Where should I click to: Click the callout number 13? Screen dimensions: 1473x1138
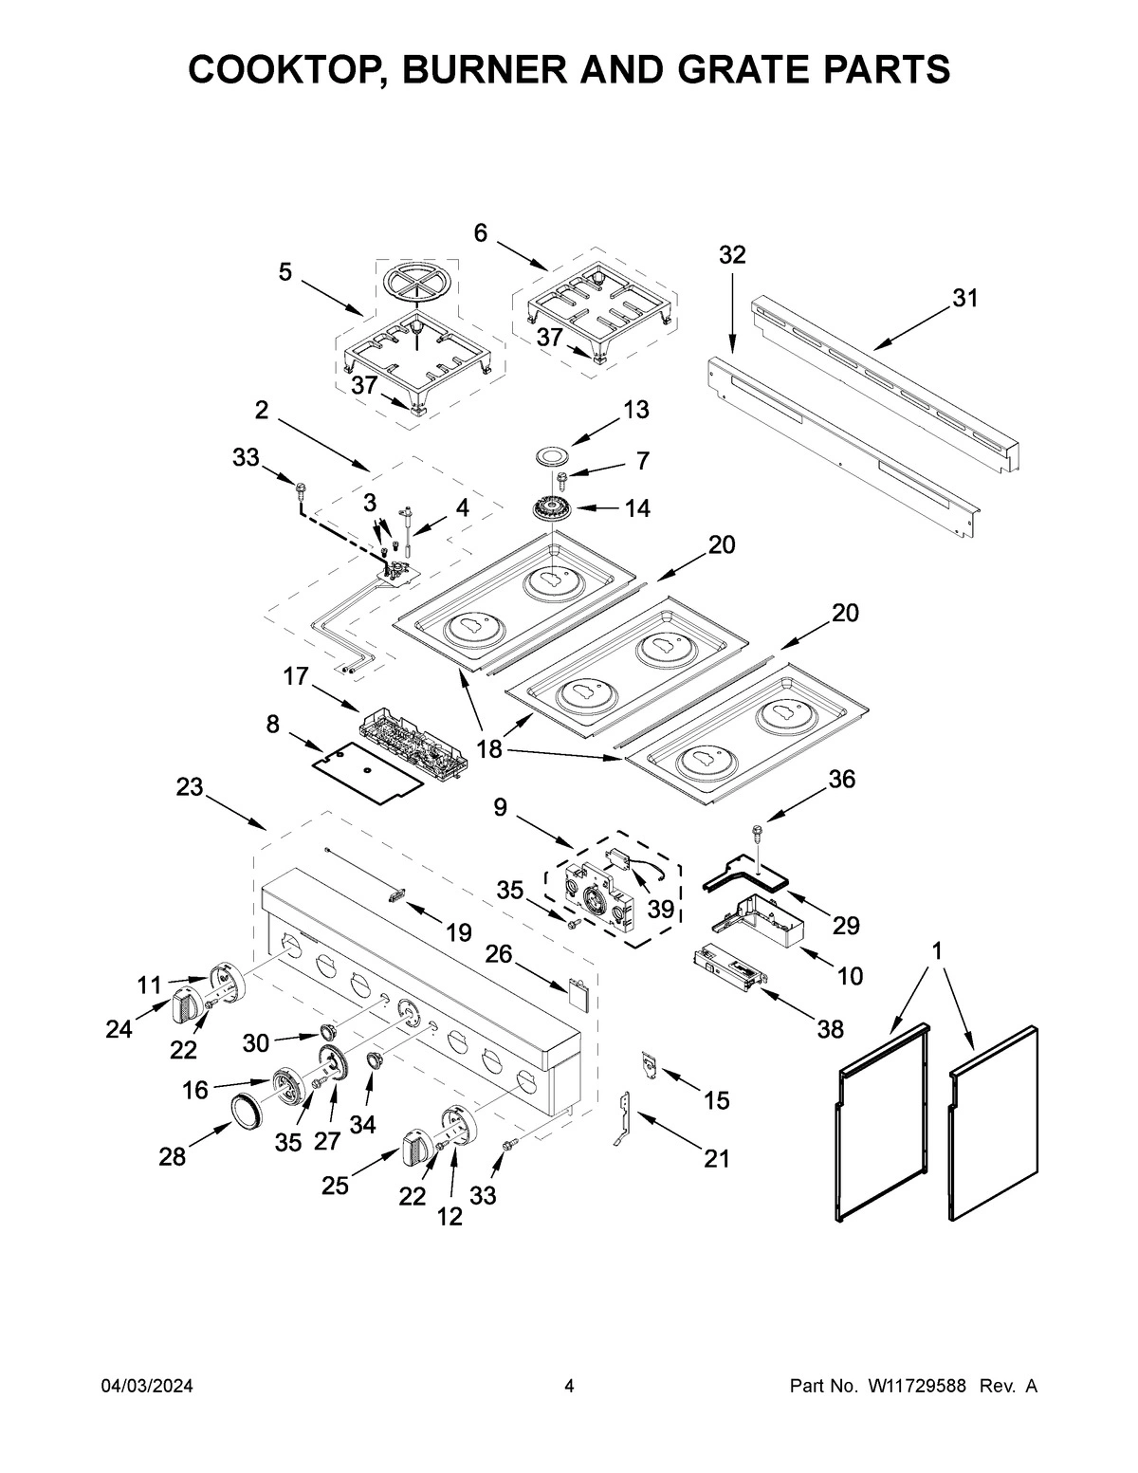pos(636,410)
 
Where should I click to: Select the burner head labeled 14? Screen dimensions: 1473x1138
pos(553,509)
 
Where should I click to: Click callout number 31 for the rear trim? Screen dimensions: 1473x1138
pos(964,298)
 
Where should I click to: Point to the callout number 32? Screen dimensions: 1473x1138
pos(732,254)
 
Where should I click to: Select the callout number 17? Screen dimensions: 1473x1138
pos(296,676)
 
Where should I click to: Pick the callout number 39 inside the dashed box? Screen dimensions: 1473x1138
pos(660,909)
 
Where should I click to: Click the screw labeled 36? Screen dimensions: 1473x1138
pos(757,832)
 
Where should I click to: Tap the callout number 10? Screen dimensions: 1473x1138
pos(851,975)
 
